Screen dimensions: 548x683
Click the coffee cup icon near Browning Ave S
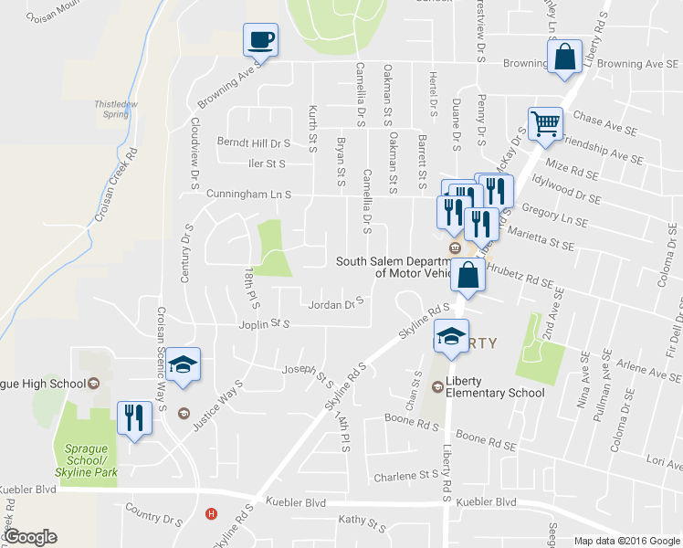[x=260, y=40]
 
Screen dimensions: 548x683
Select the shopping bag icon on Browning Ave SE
[x=565, y=57]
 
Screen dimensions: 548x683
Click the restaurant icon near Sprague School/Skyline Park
[x=134, y=418]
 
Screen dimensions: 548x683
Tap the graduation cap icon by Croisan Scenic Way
[x=183, y=364]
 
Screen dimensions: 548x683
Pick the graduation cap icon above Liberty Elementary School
[x=450, y=336]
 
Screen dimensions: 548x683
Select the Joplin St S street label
[x=261, y=324]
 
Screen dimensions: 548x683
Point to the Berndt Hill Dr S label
[x=253, y=143]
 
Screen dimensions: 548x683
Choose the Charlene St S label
[x=406, y=476]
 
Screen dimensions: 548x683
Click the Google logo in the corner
[x=30, y=538]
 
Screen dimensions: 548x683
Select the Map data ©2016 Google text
[x=627, y=541]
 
